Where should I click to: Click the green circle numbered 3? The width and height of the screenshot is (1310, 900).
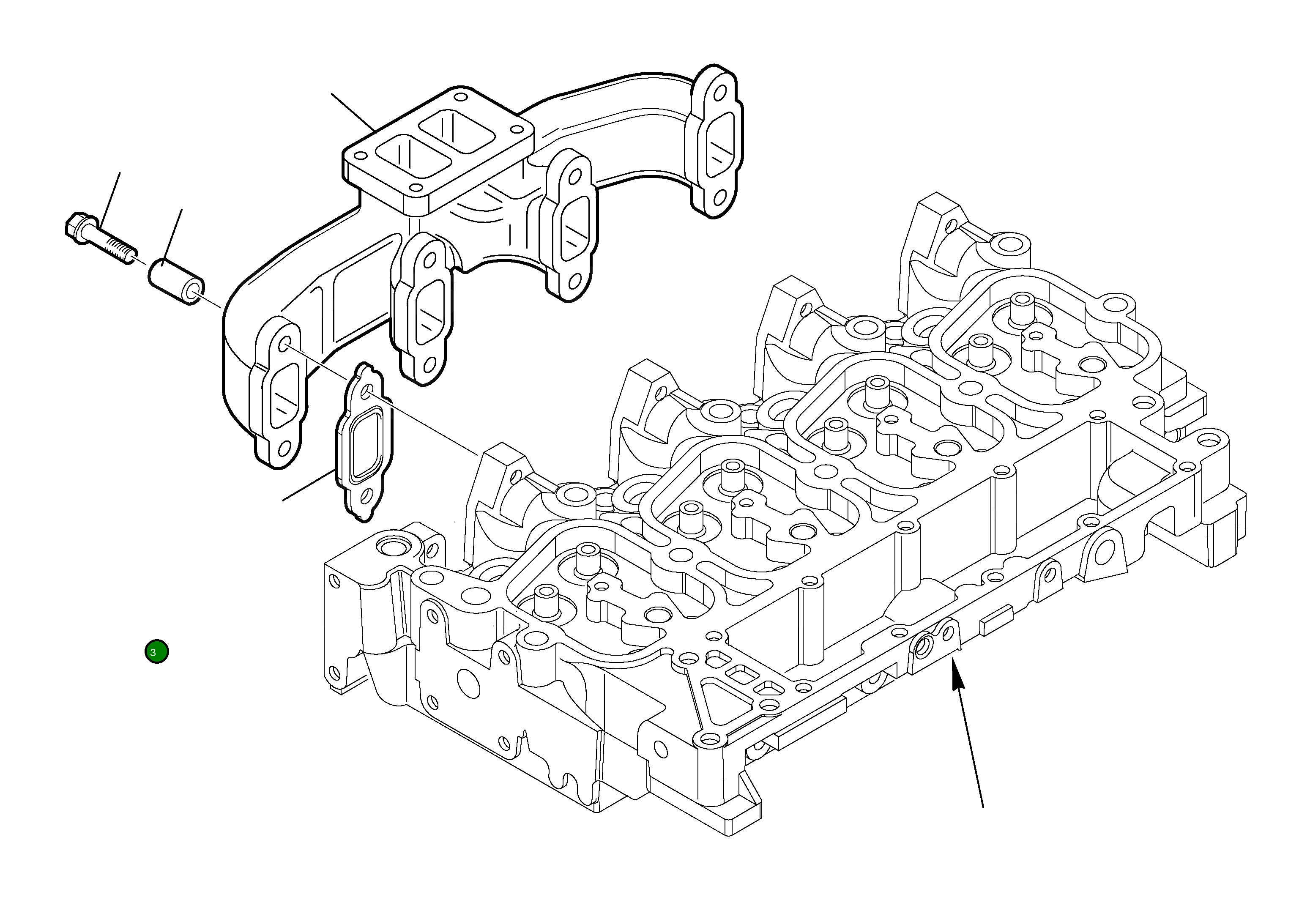(156, 652)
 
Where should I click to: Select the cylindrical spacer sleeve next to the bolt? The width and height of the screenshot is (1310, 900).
(175, 280)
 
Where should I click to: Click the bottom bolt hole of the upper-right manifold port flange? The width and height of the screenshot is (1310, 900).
(719, 197)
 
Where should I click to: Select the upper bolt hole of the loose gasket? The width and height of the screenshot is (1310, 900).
(366, 391)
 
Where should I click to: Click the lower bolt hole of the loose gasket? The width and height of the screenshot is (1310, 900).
(365, 496)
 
